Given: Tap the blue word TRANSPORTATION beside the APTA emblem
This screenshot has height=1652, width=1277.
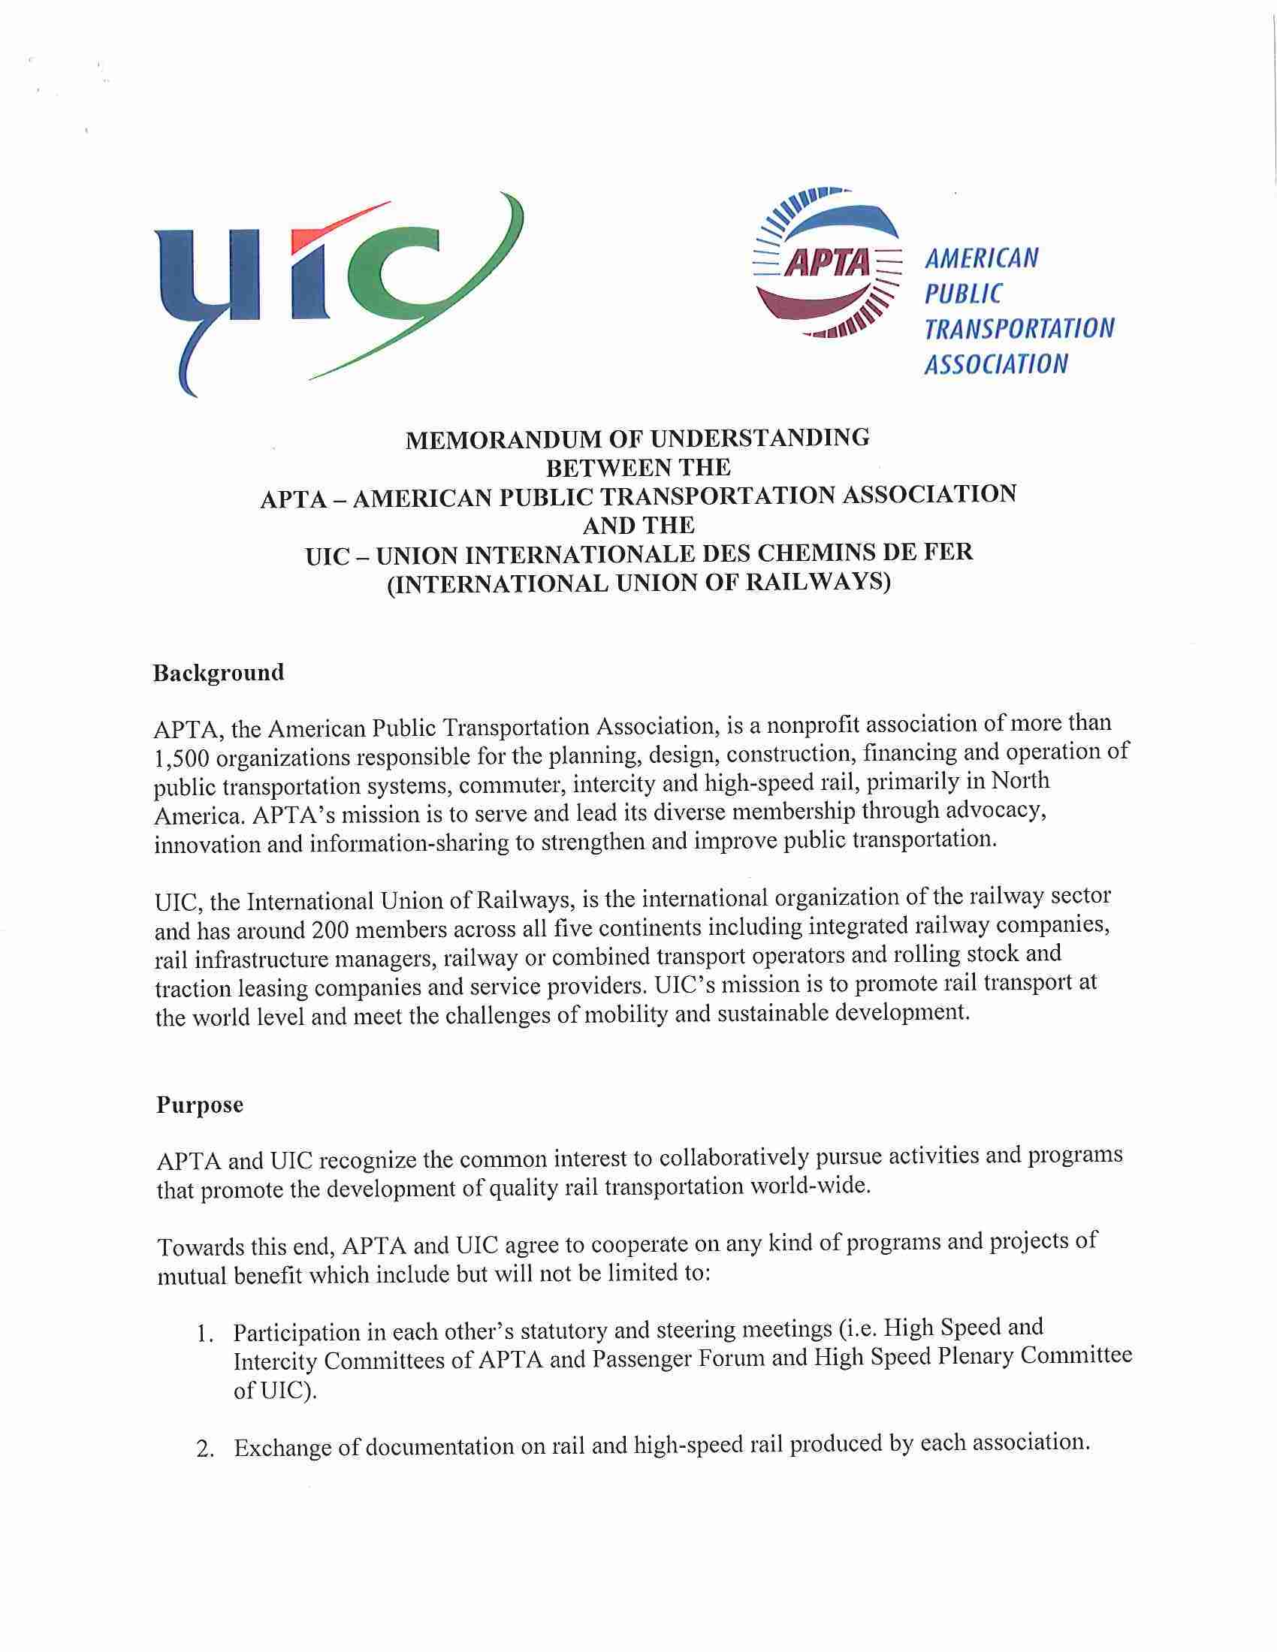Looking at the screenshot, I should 1019,328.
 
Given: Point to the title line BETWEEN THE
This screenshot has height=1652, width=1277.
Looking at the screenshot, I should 638,469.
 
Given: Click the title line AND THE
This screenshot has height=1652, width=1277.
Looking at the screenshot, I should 638,525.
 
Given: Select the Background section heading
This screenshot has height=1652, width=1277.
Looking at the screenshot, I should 219,673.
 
